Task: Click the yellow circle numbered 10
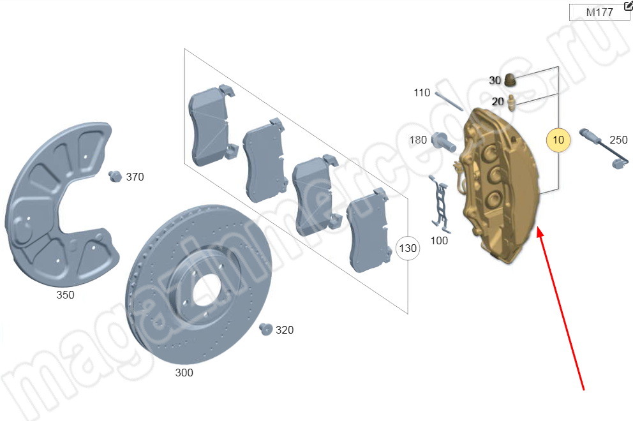558,140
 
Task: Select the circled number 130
408,248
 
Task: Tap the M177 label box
599,12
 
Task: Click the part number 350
65,295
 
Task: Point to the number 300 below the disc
184,373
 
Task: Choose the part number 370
135,177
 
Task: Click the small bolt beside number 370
115,176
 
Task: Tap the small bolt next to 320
265,329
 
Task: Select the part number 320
285,330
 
